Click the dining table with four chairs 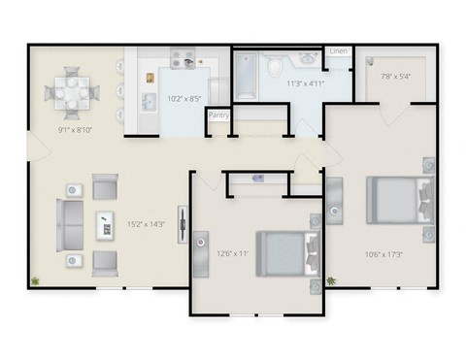coord(72,93)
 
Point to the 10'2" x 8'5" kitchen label coord(183,98)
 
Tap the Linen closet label coord(338,51)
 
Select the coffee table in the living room coord(104,225)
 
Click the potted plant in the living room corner coord(36,281)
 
